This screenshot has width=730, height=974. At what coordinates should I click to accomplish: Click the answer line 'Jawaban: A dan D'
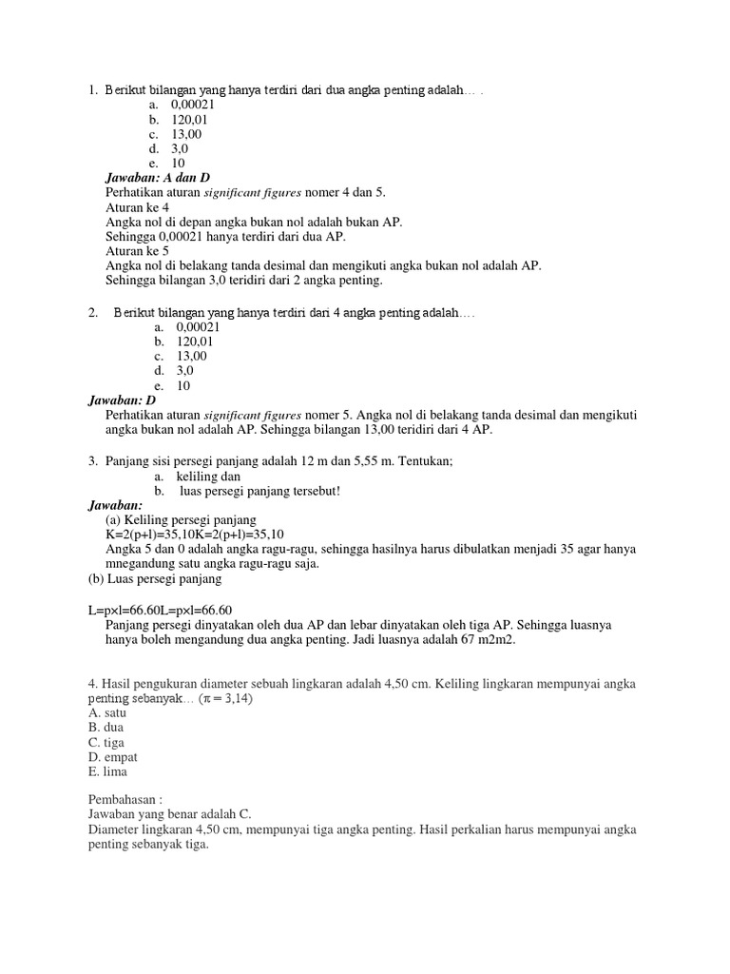tap(157, 178)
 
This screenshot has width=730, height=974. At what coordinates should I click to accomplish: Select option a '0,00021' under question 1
tap(182, 105)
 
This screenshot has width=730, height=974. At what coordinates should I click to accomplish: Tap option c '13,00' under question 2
tap(184, 356)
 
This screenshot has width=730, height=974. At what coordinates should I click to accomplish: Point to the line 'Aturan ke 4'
tap(138, 207)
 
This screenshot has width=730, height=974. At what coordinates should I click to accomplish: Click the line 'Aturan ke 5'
tap(138, 251)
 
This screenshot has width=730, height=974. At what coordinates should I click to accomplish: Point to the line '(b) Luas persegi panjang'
tap(155, 578)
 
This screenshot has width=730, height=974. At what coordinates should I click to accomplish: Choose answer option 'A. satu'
tap(107, 712)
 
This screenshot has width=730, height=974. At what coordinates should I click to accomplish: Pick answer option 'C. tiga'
tap(106, 742)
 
